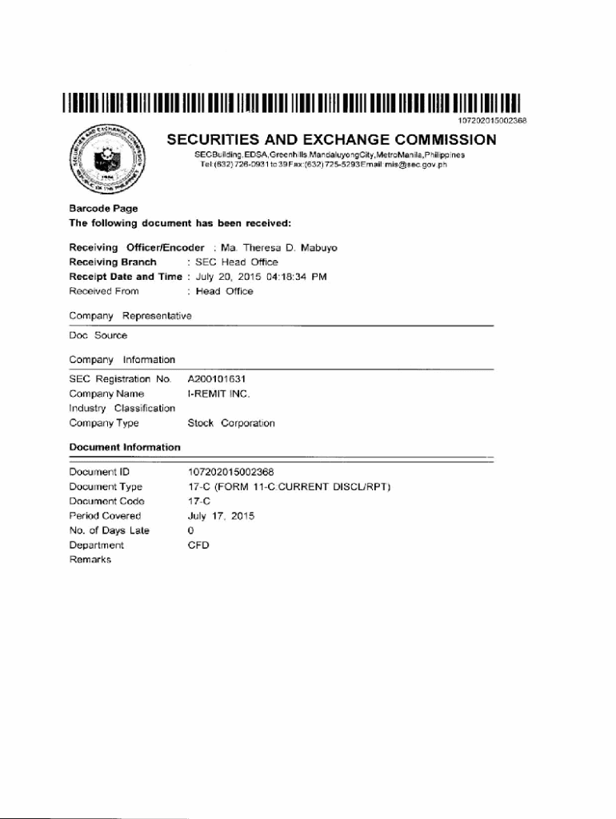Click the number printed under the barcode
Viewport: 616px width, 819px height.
tap(491, 120)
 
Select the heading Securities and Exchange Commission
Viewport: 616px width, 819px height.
tap(331, 140)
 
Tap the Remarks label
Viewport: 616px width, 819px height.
tap(90, 560)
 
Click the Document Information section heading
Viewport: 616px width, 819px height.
tap(125, 447)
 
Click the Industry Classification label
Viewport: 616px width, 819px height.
tap(122, 409)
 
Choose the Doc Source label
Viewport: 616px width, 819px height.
tap(98, 335)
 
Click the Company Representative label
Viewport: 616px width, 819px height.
tap(130, 316)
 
